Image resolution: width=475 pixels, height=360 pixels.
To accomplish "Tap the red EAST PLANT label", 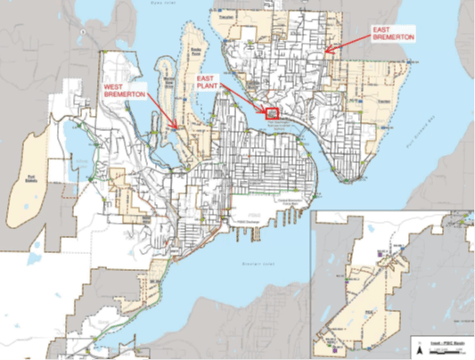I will (x=210, y=82).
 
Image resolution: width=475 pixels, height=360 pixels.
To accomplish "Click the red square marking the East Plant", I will (x=273, y=113).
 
